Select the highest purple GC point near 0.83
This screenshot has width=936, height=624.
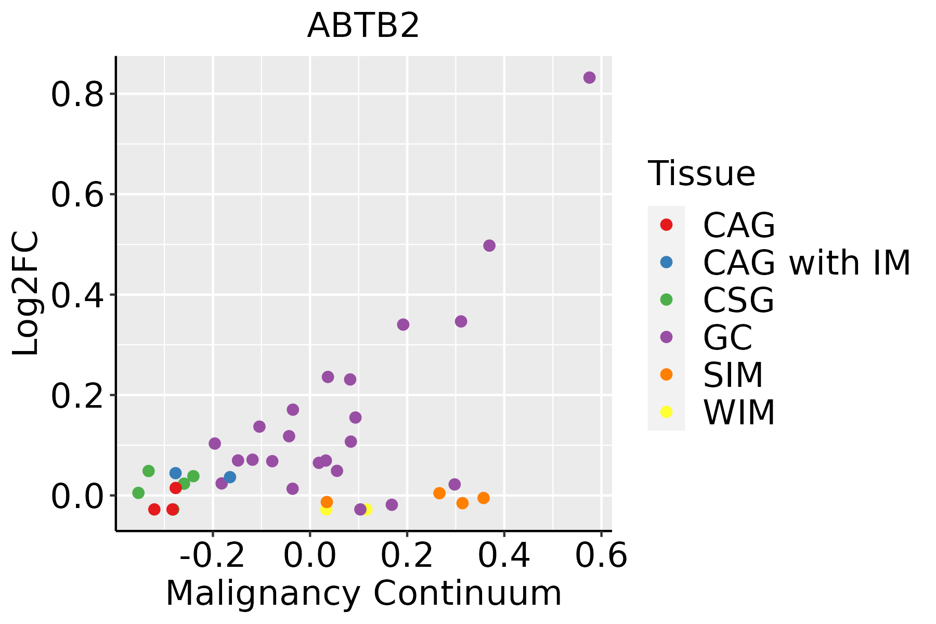[589, 77]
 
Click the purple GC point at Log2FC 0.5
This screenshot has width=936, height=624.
[489, 245]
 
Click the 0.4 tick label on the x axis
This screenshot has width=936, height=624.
[504, 556]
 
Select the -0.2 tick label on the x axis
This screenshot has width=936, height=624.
[212, 556]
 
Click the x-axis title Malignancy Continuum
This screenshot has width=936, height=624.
[363, 593]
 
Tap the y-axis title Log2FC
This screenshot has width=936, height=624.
[26, 293]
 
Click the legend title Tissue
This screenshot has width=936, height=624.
[701, 173]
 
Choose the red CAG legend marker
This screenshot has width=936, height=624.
[666, 225]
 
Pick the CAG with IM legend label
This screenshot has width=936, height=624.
[807, 263]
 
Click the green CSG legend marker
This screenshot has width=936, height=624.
[666, 300]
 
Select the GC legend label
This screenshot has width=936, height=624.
[727, 337]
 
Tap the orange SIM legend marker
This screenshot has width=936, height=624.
[666, 374]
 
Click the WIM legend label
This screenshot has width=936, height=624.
[739, 413]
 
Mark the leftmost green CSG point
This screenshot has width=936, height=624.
[138, 492]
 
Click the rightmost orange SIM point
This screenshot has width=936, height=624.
[484, 498]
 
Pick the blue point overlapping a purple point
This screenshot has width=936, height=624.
[230, 477]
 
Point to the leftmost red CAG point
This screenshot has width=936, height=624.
[154, 509]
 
